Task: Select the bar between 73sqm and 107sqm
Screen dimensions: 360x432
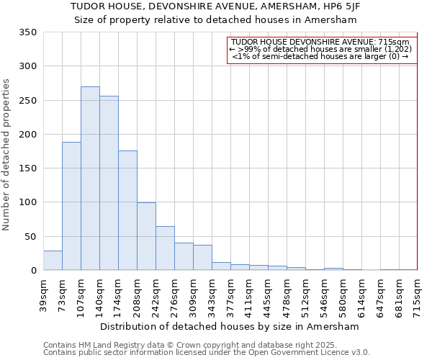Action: [x=71, y=206]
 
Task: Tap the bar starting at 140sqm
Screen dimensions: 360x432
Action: [x=109, y=183]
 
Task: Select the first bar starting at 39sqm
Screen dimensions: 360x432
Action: [x=53, y=261]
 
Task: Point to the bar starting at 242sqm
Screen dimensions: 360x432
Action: [x=165, y=248]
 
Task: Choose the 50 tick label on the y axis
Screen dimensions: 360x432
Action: [x=30, y=236]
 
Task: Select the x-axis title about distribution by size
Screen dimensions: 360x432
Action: [x=230, y=326]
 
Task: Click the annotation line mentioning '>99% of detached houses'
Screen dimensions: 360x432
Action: [x=320, y=49]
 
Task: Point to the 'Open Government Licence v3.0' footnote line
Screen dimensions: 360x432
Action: [x=206, y=353]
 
